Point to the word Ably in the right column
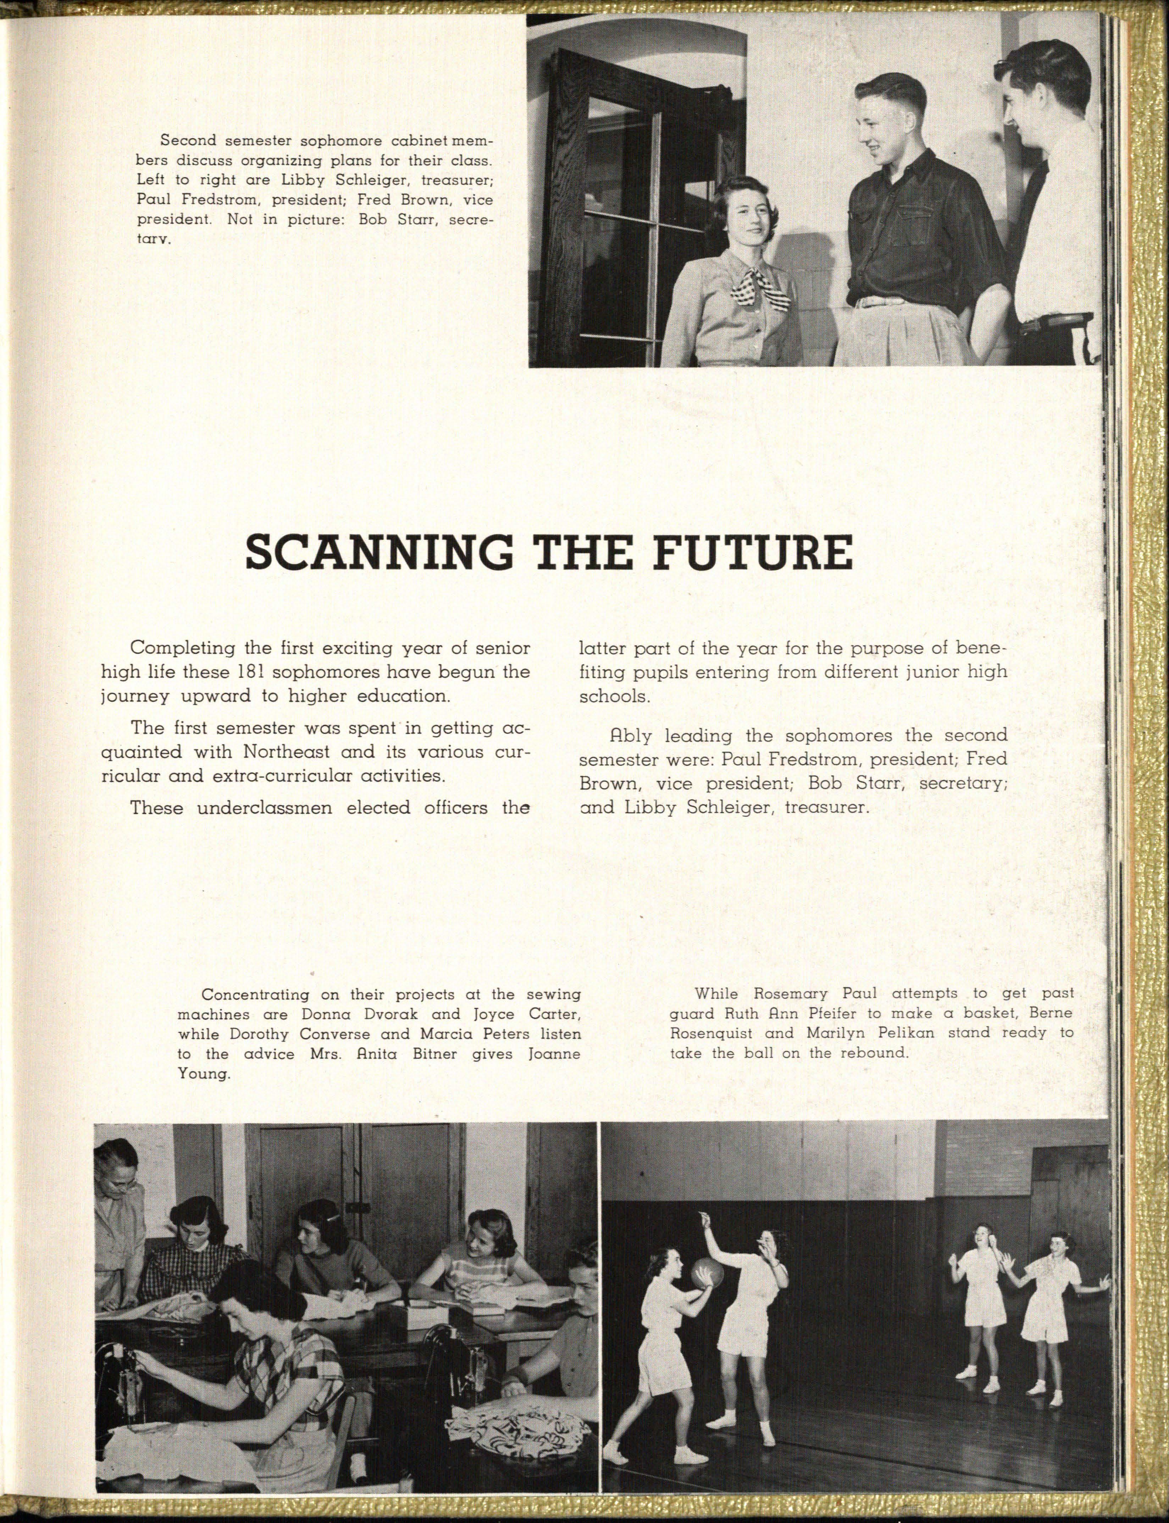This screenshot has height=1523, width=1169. (x=630, y=735)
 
